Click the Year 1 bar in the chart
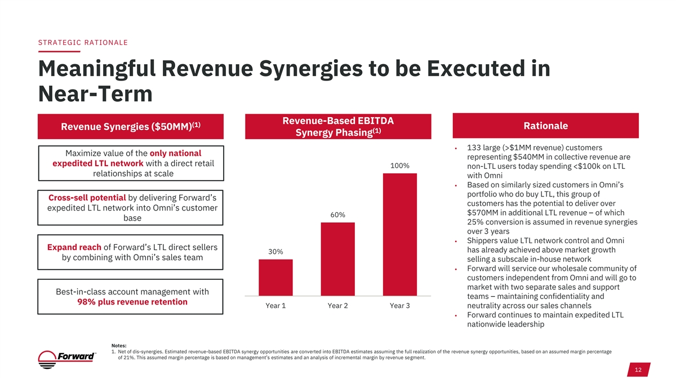click(275, 277)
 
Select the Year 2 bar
click(337, 258)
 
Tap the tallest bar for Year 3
click(399, 234)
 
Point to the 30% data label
click(275, 252)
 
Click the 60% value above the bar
click(337, 215)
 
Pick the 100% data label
click(399, 166)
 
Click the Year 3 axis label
click(399, 306)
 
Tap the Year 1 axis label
click(275, 306)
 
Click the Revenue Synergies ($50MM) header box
click(131, 126)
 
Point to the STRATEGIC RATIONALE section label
click(83, 42)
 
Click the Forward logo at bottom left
click(68, 357)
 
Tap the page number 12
click(638, 370)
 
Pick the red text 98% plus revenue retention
click(132, 302)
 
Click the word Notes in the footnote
click(119, 345)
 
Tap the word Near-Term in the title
click(95, 94)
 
